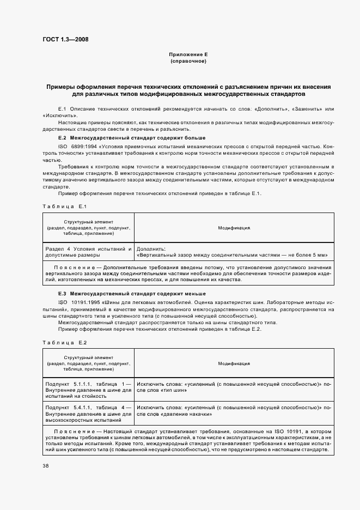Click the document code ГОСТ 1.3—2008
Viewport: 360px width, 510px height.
65,39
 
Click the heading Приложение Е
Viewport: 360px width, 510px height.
188,56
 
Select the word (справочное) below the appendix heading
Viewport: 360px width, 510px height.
188,62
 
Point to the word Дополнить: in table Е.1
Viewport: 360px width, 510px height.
151,248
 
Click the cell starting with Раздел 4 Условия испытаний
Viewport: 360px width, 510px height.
88,251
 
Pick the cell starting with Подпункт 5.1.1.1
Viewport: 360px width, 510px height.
88,390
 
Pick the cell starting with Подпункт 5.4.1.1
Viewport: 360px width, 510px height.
88,414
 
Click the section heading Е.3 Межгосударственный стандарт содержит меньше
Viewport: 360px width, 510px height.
129,294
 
